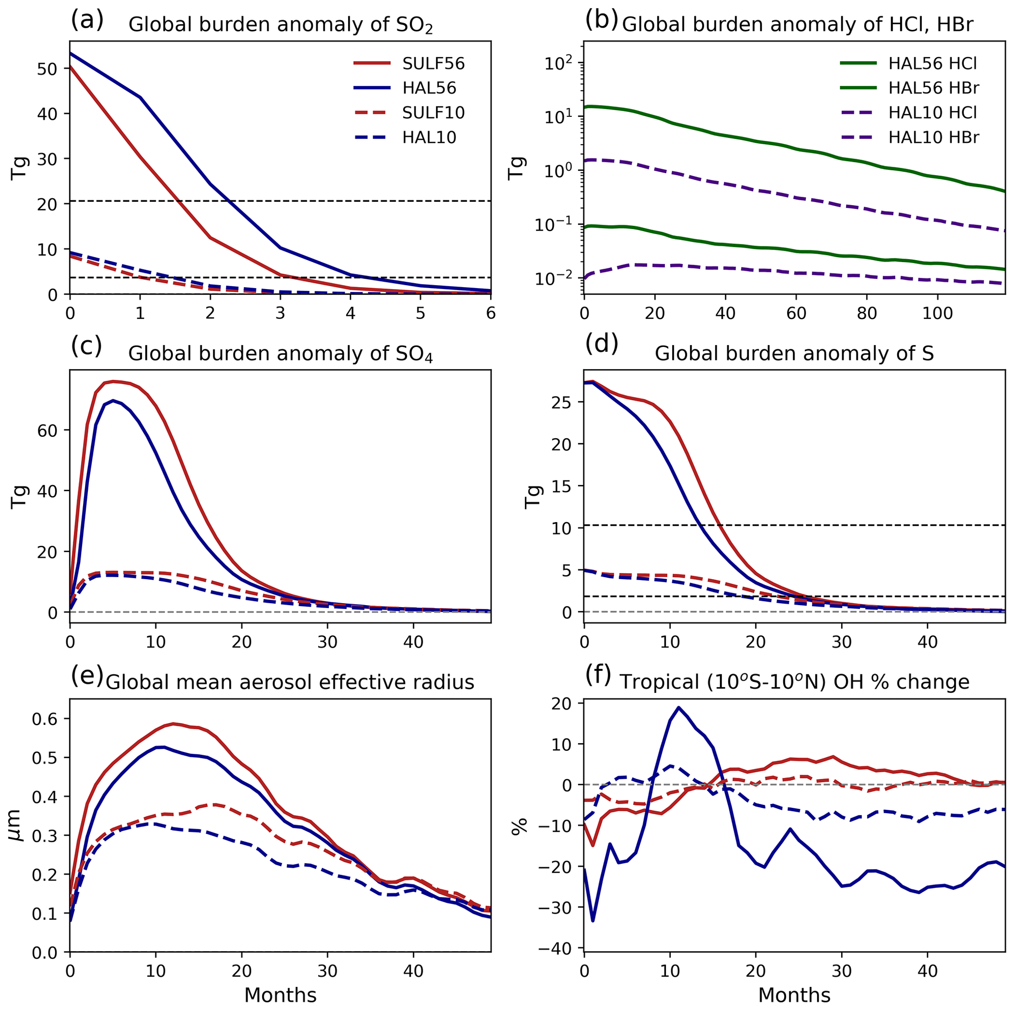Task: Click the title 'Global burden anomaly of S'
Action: click(x=794, y=353)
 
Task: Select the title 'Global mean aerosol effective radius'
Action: click(x=290, y=682)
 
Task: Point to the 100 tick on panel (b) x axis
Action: click(x=938, y=314)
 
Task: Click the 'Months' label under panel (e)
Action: click(x=280, y=995)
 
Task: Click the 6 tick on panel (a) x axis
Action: click(x=491, y=314)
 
